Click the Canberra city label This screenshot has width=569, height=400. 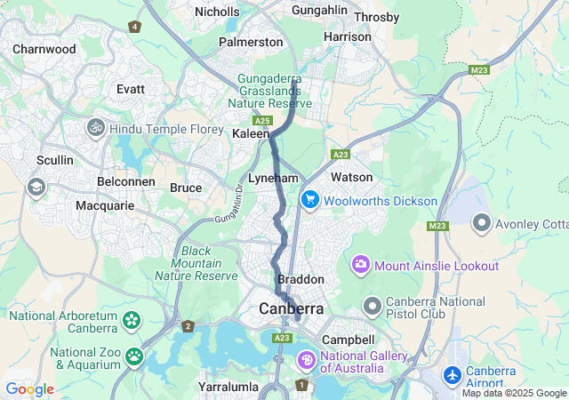click(292, 308)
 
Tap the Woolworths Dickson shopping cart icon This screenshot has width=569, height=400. click(309, 200)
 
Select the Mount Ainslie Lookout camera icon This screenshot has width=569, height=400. click(361, 265)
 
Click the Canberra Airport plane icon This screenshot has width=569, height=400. click(452, 376)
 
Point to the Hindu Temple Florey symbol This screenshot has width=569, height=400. click(96, 129)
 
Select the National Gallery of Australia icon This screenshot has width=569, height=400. click(306, 361)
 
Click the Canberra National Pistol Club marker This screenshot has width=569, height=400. click(372, 307)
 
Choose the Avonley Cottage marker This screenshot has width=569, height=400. click(482, 221)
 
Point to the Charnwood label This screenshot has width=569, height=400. click(44, 49)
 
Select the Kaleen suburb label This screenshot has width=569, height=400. click(250, 133)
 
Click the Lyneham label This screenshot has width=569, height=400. click(272, 178)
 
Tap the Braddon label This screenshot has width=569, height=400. click(301, 279)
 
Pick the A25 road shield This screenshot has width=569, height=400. click(261, 120)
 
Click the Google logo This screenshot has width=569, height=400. click(29, 389)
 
